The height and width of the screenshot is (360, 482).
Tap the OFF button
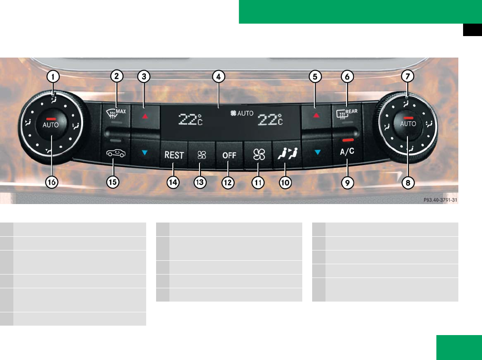229,156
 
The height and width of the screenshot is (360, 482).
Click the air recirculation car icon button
113,153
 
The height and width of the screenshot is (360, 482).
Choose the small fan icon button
201,156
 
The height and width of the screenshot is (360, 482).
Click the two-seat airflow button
285,154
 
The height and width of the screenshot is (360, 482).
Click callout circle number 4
231,77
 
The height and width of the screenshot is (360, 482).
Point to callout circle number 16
52,182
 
